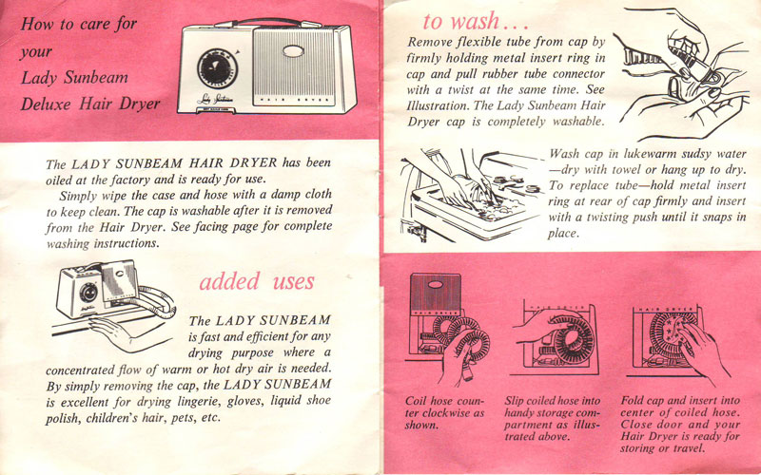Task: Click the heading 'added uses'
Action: pos(256,281)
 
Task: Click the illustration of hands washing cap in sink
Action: pos(466,190)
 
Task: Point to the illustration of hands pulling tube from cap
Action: pos(675,71)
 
